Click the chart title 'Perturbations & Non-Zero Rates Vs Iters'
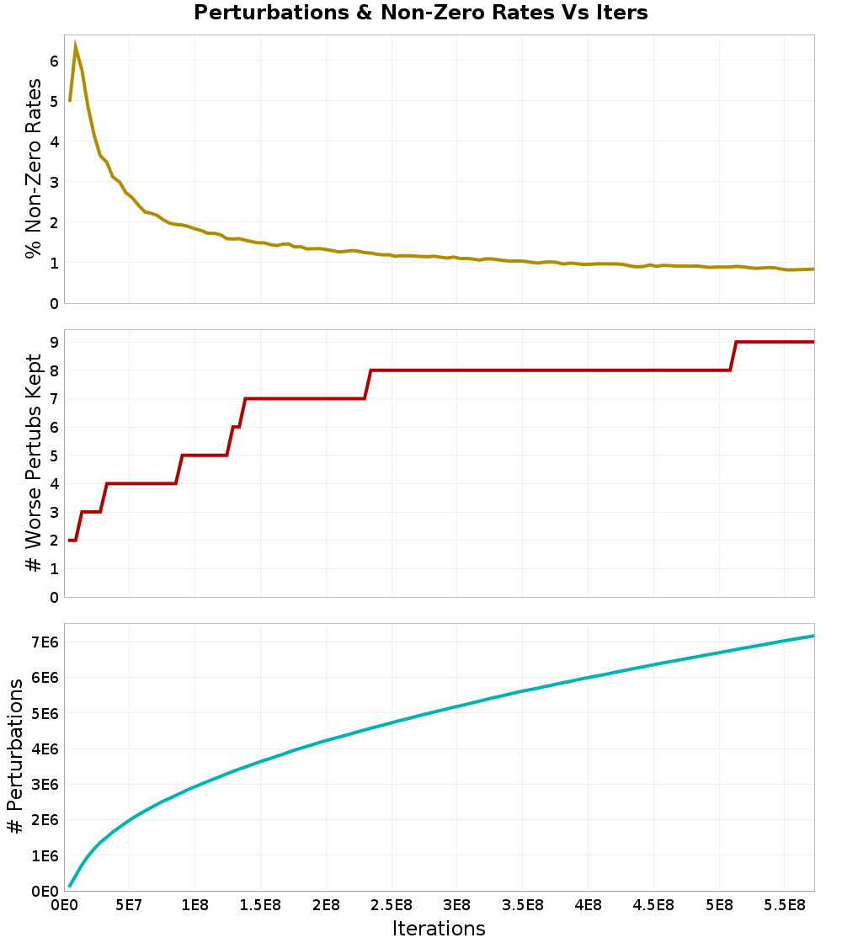point(421,13)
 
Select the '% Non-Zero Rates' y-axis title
point(34,168)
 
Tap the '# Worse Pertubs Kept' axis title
point(34,463)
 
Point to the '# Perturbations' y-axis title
point(15,758)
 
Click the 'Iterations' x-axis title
point(439,928)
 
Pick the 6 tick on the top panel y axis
point(53,61)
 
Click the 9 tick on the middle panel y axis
point(53,342)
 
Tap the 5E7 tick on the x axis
point(129,906)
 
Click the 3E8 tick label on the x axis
point(456,906)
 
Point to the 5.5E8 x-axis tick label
point(784,906)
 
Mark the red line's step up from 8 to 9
point(733,355)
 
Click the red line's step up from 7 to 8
point(368,384)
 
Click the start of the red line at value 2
point(70,541)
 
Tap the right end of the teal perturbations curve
point(813,636)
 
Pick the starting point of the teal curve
point(70,886)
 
